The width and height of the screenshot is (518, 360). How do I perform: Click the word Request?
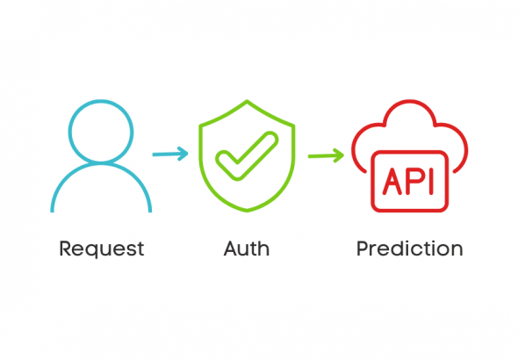pos(102,249)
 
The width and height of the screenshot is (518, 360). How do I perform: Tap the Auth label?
pos(247,248)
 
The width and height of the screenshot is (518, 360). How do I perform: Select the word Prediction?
pos(410,248)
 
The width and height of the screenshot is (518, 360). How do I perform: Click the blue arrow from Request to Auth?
pos(170,154)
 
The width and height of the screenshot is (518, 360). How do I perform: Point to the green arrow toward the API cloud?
pos(326,155)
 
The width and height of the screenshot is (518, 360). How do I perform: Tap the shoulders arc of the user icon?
pos(101,163)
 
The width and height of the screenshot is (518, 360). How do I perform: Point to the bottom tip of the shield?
pos(247,211)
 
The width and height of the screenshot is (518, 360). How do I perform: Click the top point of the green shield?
pos(247,100)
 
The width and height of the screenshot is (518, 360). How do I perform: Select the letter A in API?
pos(392,181)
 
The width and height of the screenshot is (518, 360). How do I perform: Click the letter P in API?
pos(414,181)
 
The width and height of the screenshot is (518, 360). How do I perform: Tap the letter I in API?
pos(430,181)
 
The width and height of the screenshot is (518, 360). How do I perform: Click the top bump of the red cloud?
pos(410,101)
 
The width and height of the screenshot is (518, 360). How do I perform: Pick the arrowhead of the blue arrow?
pos(183,154)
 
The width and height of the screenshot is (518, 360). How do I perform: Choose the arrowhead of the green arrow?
pos(339,155)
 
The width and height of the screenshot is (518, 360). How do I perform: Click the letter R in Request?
pos(66,248)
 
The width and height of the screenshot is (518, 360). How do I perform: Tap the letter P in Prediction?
pos(363,248)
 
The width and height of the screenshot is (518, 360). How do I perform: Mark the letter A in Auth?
pos(231,248)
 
